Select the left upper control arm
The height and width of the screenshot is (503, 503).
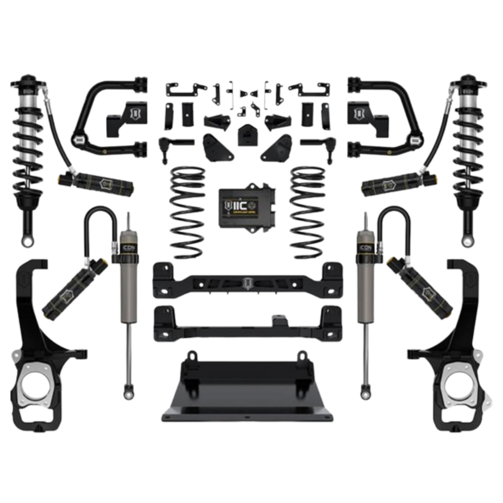point(104,115)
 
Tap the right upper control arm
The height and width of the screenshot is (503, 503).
point(390,115)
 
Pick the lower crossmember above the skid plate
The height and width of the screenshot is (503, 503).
point(247,324)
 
